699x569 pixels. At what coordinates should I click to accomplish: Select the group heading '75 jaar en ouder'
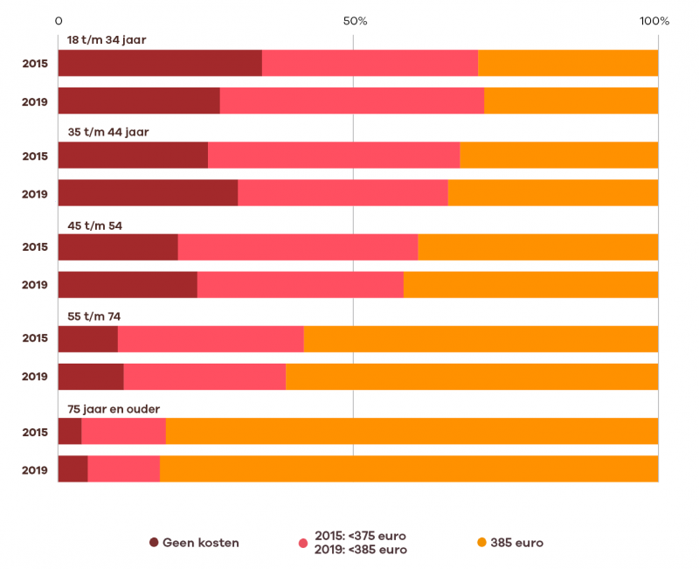pyautogui.click(x=114, y=409)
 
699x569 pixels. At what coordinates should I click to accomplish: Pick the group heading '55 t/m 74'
pyautogui.click(x=94, y=316)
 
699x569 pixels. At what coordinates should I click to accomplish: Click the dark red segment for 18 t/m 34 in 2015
pyautogui.click(x=160, y=63)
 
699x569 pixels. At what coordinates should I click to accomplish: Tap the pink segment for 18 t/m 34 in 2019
pyautogui.click(x=351, y=101)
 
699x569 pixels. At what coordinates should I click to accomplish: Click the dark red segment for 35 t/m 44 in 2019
pyautogui.click(x=148, y=193)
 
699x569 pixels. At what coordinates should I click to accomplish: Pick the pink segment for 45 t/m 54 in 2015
pyautogui.click(x=298, y=247)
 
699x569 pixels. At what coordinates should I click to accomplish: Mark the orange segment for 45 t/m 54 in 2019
pyautogui.click(x=530, y=285)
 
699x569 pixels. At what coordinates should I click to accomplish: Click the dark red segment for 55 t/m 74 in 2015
pyautogui.click(x=87, y=339)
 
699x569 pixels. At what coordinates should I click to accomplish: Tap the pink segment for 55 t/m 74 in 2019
pyautogui.click(x=204, y=377)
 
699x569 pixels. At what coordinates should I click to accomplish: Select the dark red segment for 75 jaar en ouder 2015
pyautogui.click(x=70, y=432)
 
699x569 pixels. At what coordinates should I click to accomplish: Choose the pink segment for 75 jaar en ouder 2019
pyautogui.click(x=123, y=469)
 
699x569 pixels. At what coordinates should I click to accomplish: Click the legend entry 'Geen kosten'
pyautogui.click(x=200, y=543)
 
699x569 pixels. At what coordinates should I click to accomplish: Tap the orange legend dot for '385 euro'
pyautogui.click(x=481, y=543)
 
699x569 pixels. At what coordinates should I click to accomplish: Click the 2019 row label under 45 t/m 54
pyautogui.click(x=35, y=285)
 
